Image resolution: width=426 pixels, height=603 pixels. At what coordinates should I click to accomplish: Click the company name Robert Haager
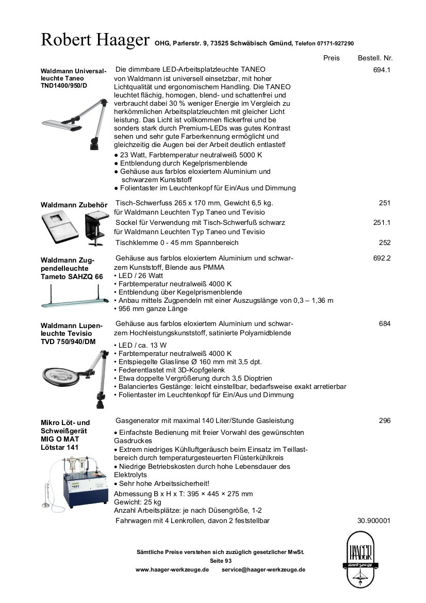(95, 40)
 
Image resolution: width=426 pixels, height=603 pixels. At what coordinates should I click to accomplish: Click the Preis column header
(332, 58)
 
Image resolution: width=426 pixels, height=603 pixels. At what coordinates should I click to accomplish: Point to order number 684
(384, 323)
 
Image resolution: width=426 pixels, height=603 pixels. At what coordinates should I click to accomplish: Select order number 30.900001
(373, 520)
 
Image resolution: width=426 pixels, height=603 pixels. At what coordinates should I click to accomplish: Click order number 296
(384, 420)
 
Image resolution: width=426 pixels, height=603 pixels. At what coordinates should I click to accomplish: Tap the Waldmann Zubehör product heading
(74, 205)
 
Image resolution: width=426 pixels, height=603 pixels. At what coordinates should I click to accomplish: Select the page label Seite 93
(221, 561)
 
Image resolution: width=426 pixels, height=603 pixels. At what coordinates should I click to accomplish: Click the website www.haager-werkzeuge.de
(172, 570)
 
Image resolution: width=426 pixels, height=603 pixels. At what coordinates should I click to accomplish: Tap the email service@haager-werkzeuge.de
(263, 570)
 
